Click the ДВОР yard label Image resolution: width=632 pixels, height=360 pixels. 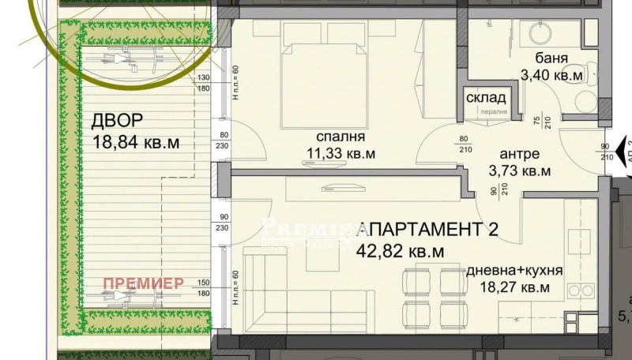pos(118,121)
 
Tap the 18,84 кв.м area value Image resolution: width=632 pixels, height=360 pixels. pos(136,143)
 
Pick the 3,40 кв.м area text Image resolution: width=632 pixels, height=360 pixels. pos(551,76)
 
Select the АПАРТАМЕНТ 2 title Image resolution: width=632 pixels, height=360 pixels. pos(428,231)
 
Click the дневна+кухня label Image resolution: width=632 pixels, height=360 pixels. pos(514,270)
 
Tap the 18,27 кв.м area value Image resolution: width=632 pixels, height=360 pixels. pos(514,288)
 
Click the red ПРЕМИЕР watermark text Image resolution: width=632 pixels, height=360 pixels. pos(144,283)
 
